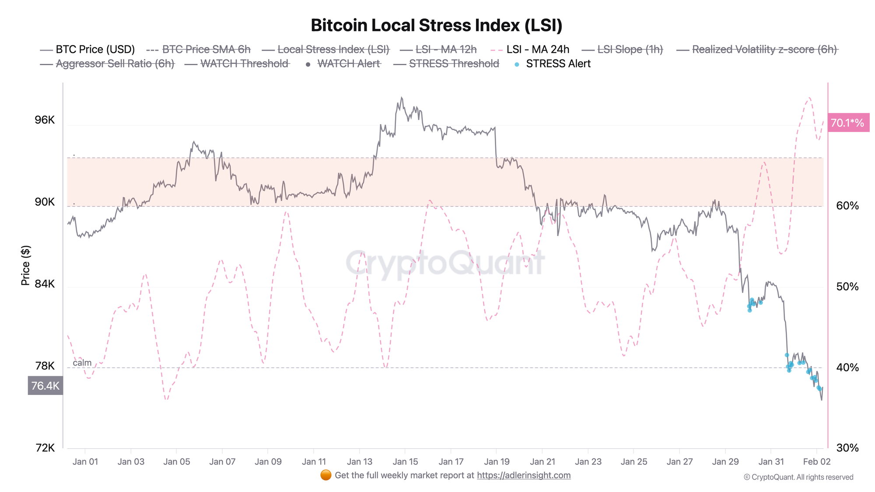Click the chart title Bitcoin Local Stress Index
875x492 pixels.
pos(436,25)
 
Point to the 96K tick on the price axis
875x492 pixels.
pos(45,120)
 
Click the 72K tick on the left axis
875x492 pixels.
pos(45,448)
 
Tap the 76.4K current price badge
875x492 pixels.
pos(45,386)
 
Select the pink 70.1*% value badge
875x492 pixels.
pos(847,123)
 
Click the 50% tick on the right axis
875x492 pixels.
pos(847,287)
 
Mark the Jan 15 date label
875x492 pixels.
pos(405,461)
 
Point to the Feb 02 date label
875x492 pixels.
pos(816,461)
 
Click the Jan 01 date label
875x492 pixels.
pos(85,461)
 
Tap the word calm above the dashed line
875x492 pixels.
pos(82,363)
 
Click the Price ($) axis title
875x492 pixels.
pos(25,265)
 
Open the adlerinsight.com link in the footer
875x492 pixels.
pos(524,475)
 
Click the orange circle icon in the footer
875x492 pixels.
pos(325,475)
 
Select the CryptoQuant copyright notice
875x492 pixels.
pos(798,477)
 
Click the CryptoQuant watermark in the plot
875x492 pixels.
pos(445,263)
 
